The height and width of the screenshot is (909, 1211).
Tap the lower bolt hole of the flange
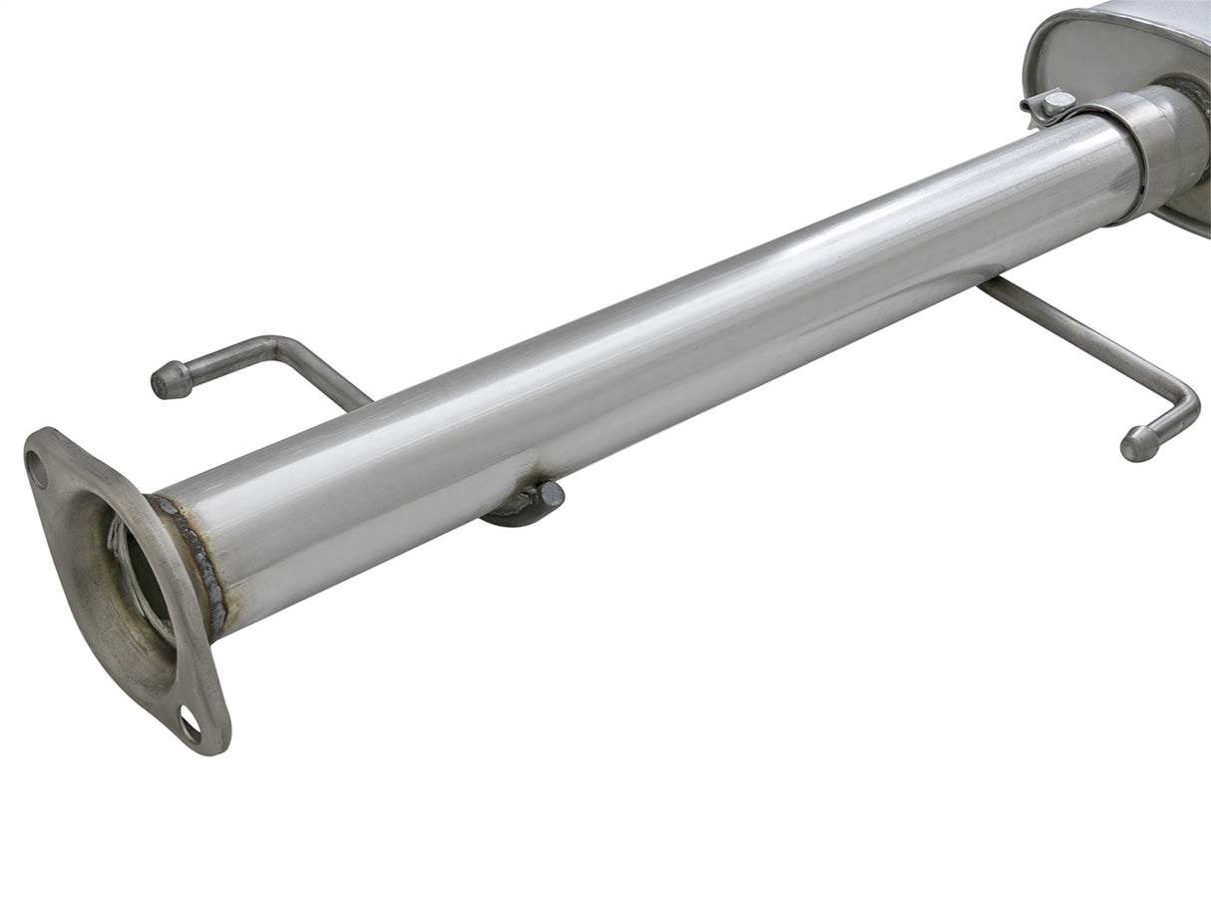[189, 724]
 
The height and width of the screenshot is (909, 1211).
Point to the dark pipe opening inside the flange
[140, 580]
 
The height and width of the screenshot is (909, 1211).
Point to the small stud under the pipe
[550, 495]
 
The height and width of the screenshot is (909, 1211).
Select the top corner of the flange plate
[40, 436]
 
